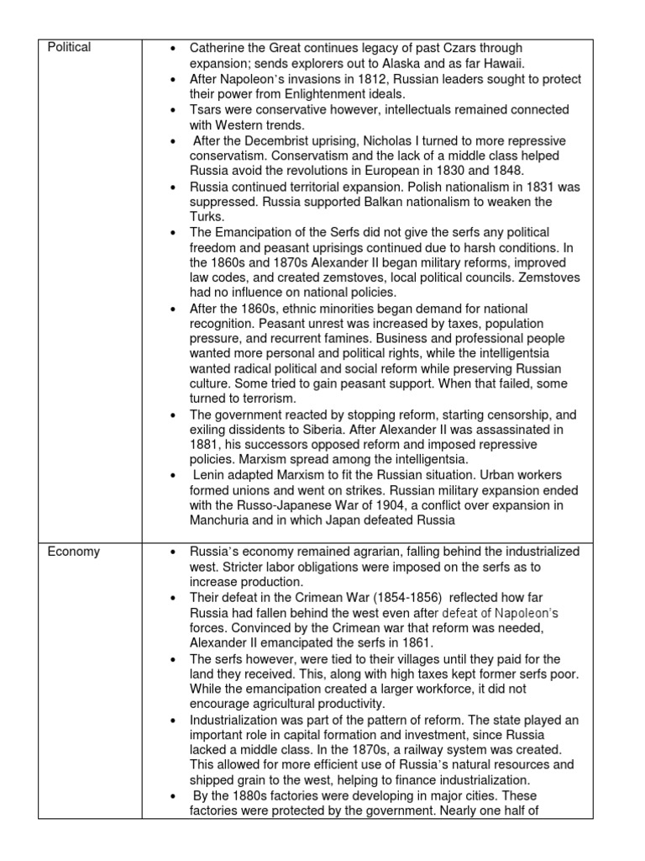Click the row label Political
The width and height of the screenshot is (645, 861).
coord(69,48)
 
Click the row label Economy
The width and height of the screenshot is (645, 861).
coord(73,552)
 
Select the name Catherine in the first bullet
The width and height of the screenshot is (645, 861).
coord(217,48)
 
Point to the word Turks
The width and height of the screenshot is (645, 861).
coord(207,217)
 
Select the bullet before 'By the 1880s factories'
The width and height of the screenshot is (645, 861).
coord(172,796)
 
